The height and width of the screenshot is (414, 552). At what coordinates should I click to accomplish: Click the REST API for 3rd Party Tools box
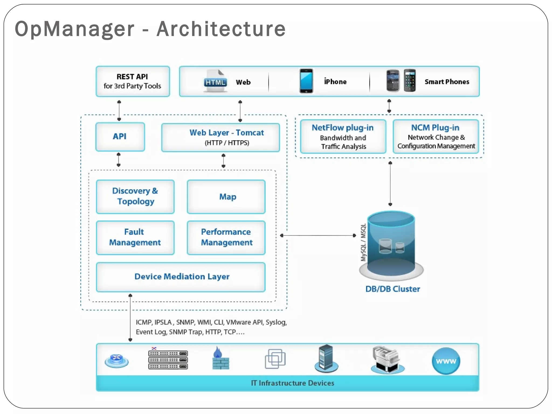coord(133,81)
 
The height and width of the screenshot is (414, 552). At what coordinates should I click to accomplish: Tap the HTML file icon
coord(215,81)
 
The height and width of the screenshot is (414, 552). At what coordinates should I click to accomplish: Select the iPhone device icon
coord(306,81)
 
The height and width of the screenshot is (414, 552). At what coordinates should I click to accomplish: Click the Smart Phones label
coord(447,82)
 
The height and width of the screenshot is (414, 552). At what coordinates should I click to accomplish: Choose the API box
coord(120,137)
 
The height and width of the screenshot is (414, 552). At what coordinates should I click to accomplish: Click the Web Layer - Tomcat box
coord(220,137)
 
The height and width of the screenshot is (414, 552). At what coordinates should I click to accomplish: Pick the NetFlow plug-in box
coord(343,137)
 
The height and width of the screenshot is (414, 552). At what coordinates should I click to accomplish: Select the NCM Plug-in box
coord(436,137)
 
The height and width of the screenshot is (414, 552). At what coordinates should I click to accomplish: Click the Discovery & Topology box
coord(135,196)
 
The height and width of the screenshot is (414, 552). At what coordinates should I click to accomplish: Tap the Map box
coord(226,197)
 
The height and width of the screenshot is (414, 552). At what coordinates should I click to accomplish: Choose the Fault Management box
coord(135,237)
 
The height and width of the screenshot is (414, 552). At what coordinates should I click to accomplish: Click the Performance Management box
coord(226,237)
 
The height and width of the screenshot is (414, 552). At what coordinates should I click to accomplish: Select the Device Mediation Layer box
coord(181,277)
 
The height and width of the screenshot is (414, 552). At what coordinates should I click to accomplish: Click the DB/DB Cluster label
coord(392,289)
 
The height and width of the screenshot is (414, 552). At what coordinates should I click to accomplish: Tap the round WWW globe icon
coord(446,361)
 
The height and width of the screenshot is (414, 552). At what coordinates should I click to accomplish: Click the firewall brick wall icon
coord(220,359)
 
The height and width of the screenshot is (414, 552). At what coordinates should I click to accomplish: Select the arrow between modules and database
coord(318,235)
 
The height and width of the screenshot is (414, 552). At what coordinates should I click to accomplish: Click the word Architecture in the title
coord(221,29)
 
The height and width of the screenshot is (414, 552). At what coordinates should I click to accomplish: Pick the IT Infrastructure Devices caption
coord(292,383)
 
